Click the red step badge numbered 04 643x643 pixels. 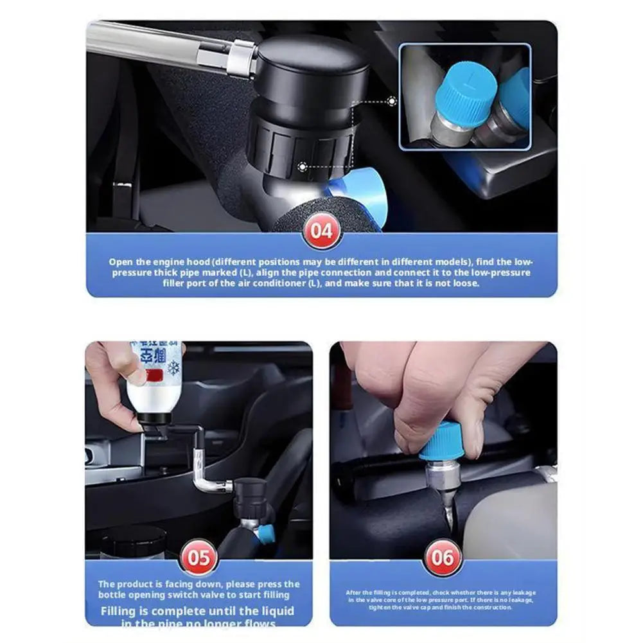pos(321,231)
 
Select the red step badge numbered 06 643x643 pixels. pos(442,556)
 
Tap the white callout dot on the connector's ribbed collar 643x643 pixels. pos(302,166)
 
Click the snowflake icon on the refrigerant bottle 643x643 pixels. pos(173,368)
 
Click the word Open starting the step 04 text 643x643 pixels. pos(120,262)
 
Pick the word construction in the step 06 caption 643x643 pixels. pos(491,607)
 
